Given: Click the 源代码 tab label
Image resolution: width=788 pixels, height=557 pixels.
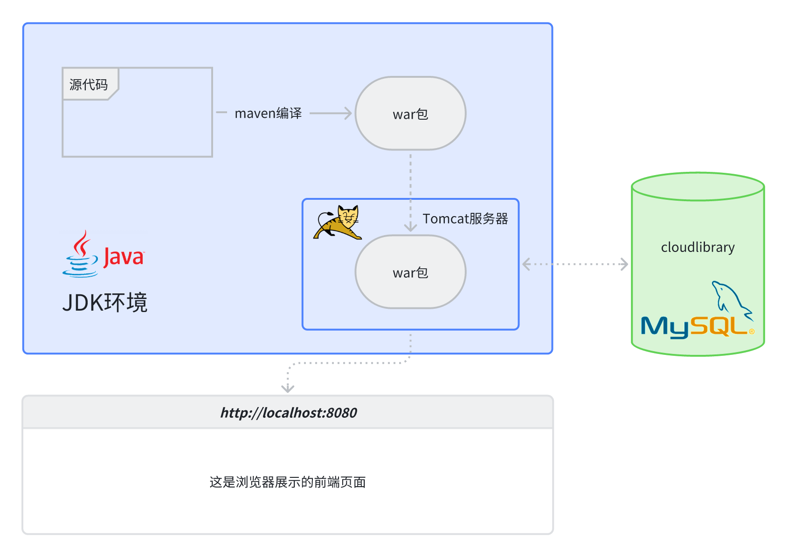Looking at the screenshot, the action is pyautogui.click(x=88, y=85).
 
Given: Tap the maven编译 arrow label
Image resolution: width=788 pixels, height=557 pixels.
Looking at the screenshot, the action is pyautogui.click(x=268, y=113).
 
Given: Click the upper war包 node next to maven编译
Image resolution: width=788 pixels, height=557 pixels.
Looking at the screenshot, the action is pyautogui.click(x=410, y=114).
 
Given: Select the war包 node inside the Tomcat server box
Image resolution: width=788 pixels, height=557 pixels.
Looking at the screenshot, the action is pyautogui.click(x=410, y=272).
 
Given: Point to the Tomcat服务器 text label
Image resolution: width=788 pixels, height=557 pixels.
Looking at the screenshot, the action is pyautogui.click(x=465, y=218).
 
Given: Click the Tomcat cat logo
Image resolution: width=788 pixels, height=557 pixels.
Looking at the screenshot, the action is pyautogui.click(x=338, y=222).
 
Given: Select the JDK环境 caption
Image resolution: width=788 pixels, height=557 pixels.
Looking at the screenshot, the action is pyautogui.click(x=105, y=303).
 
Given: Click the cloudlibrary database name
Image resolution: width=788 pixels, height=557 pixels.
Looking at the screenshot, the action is pyautogui.click(x=698, y=247).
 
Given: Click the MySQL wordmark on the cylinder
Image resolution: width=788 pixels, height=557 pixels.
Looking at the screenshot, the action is pyautogui.click(x=697, y=327).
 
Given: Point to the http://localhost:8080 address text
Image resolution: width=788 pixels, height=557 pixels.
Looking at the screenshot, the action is pyautogui.click(x=289, y=413).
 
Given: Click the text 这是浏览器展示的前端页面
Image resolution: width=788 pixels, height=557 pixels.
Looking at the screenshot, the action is pyautogui.click(x=287, y=482).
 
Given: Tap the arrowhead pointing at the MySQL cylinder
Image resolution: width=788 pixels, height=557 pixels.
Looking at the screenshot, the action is pyautogui.click(x=624, y=264).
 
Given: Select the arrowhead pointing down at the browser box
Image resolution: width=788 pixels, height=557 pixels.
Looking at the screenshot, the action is pyautogui.click(x=288, y=388).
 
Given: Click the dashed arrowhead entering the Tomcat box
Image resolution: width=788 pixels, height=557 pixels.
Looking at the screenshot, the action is pyautogui.click(x=410, y=227).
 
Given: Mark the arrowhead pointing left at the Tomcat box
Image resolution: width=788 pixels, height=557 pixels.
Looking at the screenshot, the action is pyautogui.click(x=526, y=264).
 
